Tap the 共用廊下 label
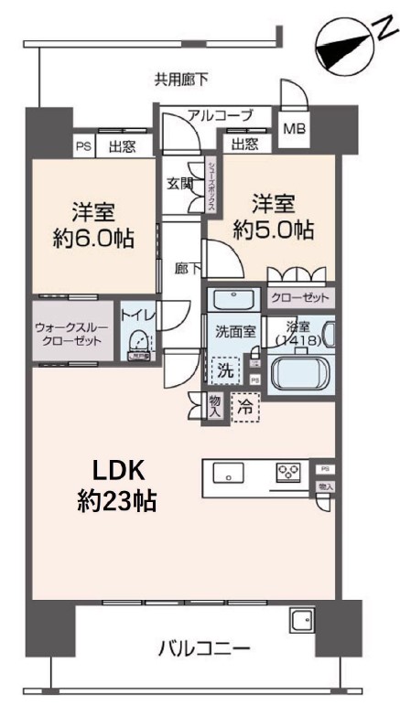[180, 80]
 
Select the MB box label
[295, 128]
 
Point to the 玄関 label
[179, 183]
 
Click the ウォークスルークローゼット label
[73, 334]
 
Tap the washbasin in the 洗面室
[232, 301]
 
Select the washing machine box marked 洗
[224, 370]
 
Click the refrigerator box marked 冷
[244, 407]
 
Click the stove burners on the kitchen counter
[289, 473]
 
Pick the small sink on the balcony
[301, 621]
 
